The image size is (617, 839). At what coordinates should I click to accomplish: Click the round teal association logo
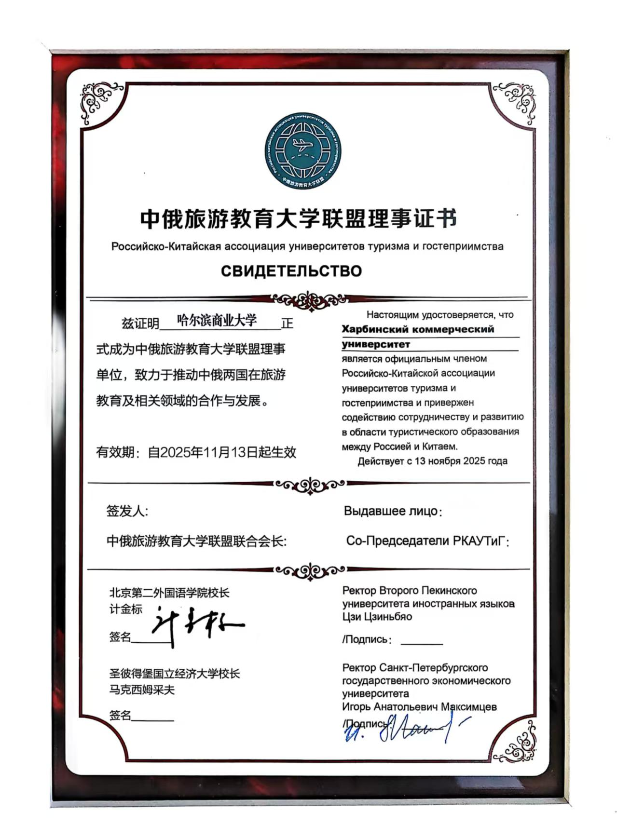(x=302, y=151)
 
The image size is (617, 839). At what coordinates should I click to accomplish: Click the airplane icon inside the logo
(x=302, y=145)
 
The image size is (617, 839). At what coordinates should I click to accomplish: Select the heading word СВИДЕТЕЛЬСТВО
(x=291, y=271)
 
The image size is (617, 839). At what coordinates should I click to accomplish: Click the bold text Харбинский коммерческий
(x=418, y=329)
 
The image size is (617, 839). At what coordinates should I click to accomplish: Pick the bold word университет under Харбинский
(x=376, y=344)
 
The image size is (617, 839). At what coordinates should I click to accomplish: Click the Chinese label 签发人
(x=127, y=511)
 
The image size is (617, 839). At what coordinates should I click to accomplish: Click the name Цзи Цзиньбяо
(x=377, y=617)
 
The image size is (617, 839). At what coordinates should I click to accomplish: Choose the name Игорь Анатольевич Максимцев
(x=419, y=707)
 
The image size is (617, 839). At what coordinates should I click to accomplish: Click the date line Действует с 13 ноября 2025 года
(x=432, y=461)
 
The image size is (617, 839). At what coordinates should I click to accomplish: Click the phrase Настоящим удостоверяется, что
(x=439, y=315)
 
